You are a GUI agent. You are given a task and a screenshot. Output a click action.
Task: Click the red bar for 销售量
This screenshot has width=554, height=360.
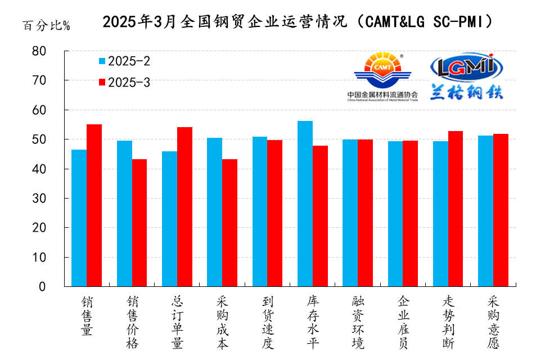click(94, 205)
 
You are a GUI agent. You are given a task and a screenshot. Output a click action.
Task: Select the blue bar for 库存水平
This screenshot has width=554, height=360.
click(305, 204)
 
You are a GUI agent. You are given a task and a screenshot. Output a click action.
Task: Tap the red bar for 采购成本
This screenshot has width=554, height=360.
click(229, 223)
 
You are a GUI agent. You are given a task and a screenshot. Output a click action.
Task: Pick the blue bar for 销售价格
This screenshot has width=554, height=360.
click(124, 213)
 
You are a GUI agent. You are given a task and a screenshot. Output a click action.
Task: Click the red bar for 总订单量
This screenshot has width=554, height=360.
click(184, 206)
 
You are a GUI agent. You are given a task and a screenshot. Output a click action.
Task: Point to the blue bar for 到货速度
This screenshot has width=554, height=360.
click(259, 211)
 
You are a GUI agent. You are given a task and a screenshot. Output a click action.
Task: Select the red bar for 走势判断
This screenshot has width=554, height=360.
click(455, 209)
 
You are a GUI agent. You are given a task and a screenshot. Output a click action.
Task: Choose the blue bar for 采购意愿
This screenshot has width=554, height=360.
click(485, 211)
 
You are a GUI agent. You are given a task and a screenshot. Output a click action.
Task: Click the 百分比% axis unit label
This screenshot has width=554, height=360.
click(46, 26)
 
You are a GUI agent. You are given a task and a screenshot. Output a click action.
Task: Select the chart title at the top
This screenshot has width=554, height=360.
click(299, 22)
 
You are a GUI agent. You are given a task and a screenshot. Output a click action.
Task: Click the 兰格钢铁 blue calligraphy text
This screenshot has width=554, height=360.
click(466, 92)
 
